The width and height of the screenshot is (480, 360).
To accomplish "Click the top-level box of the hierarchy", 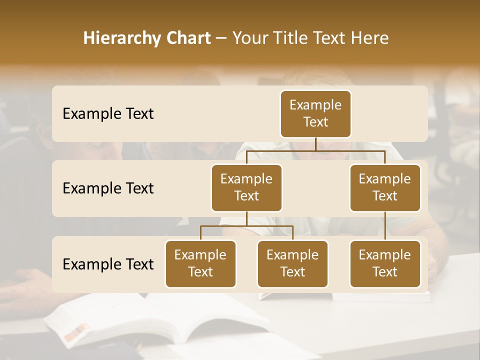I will pyautogui.click(x=315, y=114).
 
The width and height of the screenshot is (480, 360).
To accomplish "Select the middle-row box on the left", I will pyautogui.click(x=246, y=188).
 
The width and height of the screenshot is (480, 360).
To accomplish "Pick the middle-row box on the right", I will pyautogui.click(x=385, y=188).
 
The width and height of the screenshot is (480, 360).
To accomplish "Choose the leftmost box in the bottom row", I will pyautogui.click(x=200, y=264).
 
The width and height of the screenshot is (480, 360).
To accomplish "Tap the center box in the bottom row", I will pyautogui.click(x=292, y=264).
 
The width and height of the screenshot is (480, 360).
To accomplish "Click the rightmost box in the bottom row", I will pyautogui.click(x=385, y=264).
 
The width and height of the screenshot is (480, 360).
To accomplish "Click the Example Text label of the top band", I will pyautogui.click(x=108, y=114).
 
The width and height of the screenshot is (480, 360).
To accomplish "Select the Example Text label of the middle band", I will pyautogui.click(x=108, y=188).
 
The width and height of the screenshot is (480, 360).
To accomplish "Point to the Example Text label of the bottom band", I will pyautogui.click(x=108, y=264).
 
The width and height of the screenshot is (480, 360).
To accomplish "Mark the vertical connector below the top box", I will pyautogui.click(x=315, y=144).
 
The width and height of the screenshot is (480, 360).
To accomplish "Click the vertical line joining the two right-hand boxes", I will pyautogui.click(x=385, y=226).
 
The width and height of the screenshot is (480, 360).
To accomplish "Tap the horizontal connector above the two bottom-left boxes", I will pyautogui.click(x=246, y=226).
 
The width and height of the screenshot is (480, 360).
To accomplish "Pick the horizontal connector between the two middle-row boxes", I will pyautogui.click(x=315, y=150).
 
